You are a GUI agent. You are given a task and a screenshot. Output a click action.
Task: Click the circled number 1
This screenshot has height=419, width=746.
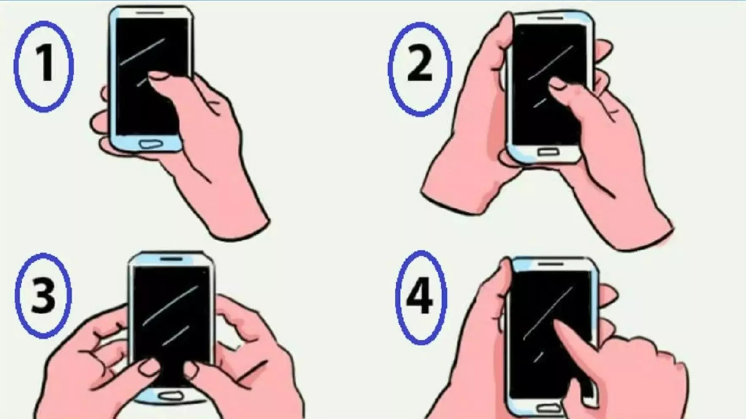point(44,66)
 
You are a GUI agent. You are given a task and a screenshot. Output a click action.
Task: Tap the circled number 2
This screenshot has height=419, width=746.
point(420,68)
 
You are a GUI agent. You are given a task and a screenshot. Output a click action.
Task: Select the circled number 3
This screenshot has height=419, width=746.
point(43,296)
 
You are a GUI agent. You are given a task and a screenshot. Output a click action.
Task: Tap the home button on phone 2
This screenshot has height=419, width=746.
point(548,151)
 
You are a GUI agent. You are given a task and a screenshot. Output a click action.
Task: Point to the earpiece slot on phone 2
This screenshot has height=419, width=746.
point(550,19)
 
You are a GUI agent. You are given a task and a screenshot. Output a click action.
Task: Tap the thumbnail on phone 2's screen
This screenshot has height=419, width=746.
point(557,85)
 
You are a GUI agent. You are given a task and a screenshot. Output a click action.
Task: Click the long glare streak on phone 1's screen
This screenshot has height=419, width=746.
point(143,52)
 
